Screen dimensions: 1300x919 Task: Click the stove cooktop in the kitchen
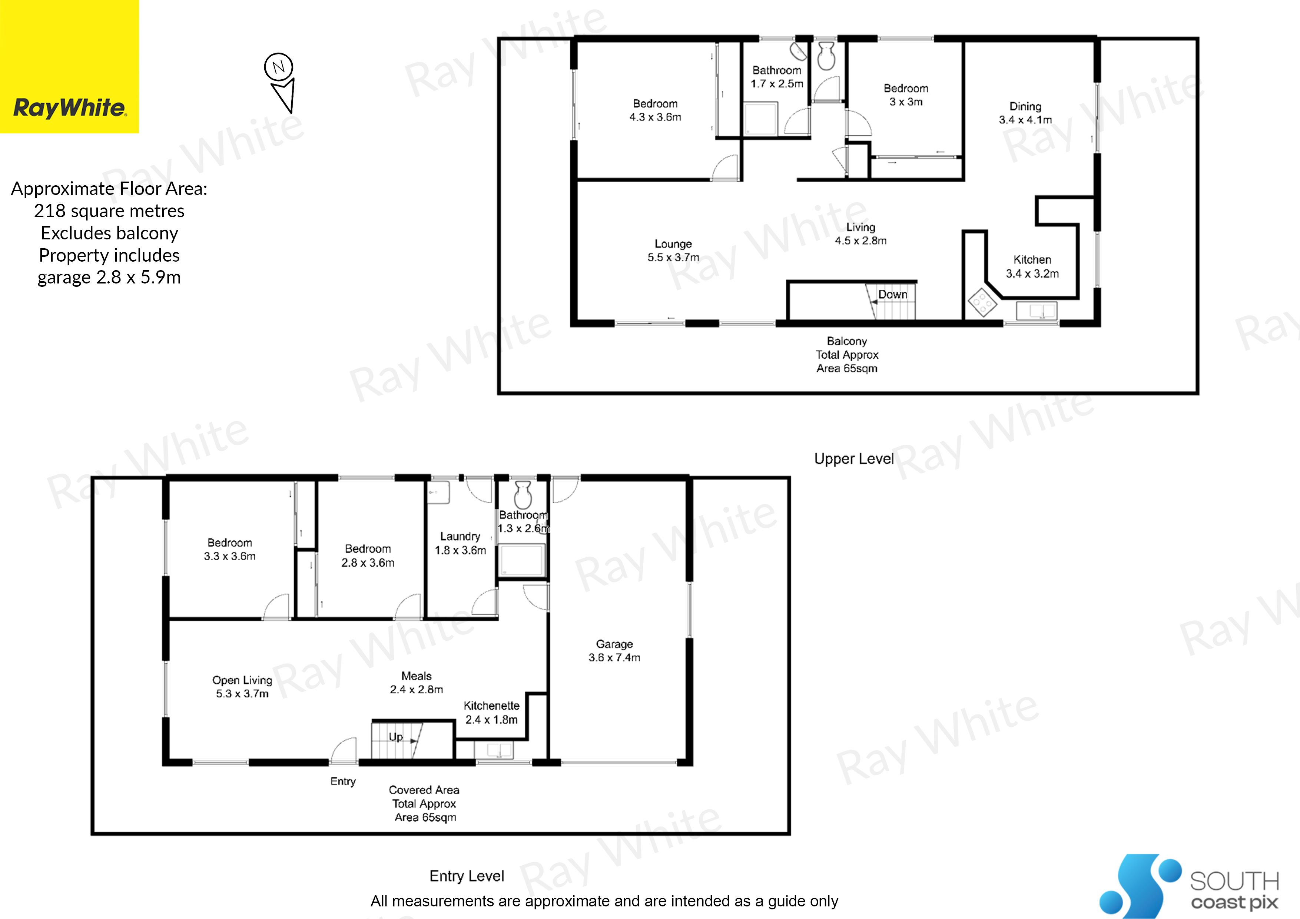[x=982, y=302]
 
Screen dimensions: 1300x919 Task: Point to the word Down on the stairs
[x=893, y=295]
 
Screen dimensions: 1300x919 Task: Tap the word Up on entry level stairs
[x=396, y=737]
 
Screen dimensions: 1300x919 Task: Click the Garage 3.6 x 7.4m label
[x=614, y=651]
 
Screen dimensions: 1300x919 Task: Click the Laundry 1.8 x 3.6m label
[x=460, y=543]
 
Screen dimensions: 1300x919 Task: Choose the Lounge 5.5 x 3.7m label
[x=673, y=250]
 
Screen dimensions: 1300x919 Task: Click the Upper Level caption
[x=854, y=459]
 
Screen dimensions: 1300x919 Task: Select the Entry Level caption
[x=467, y=876]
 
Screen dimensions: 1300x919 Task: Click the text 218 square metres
[x=109, y=210]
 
